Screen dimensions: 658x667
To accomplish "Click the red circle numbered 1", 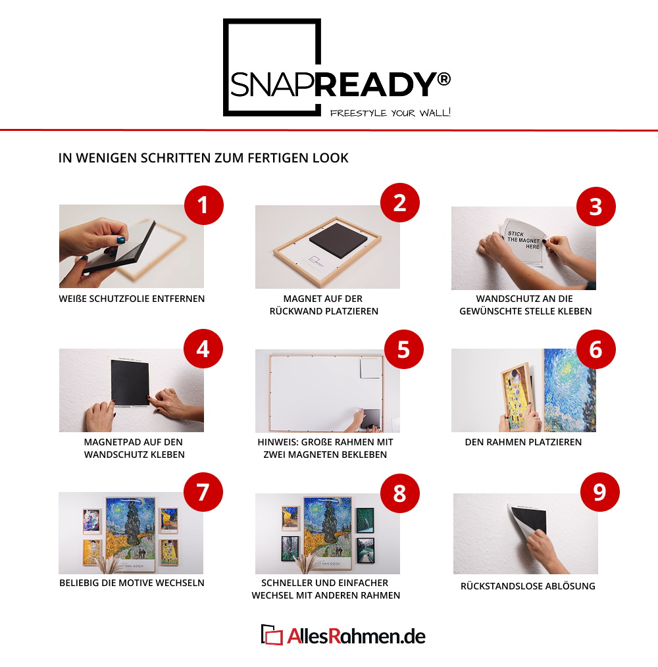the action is (204, 205).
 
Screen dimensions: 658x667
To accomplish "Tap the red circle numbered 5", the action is (403, 349).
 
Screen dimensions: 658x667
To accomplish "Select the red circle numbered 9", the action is (599, 492).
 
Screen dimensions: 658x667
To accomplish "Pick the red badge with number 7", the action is (203, 492).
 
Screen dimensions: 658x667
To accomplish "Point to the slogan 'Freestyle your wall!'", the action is (390, 112).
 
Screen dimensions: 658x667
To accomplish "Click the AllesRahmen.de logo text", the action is (356, 636).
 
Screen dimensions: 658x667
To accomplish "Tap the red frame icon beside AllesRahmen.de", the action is (272, 635).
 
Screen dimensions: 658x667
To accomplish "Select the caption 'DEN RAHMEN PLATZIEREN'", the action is (523, 442).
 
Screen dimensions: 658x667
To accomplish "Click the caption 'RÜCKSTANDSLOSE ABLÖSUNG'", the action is (528, 585).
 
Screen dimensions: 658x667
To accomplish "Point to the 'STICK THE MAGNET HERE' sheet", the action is (524, 242).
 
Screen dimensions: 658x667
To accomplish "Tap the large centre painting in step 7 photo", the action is (130, 533).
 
